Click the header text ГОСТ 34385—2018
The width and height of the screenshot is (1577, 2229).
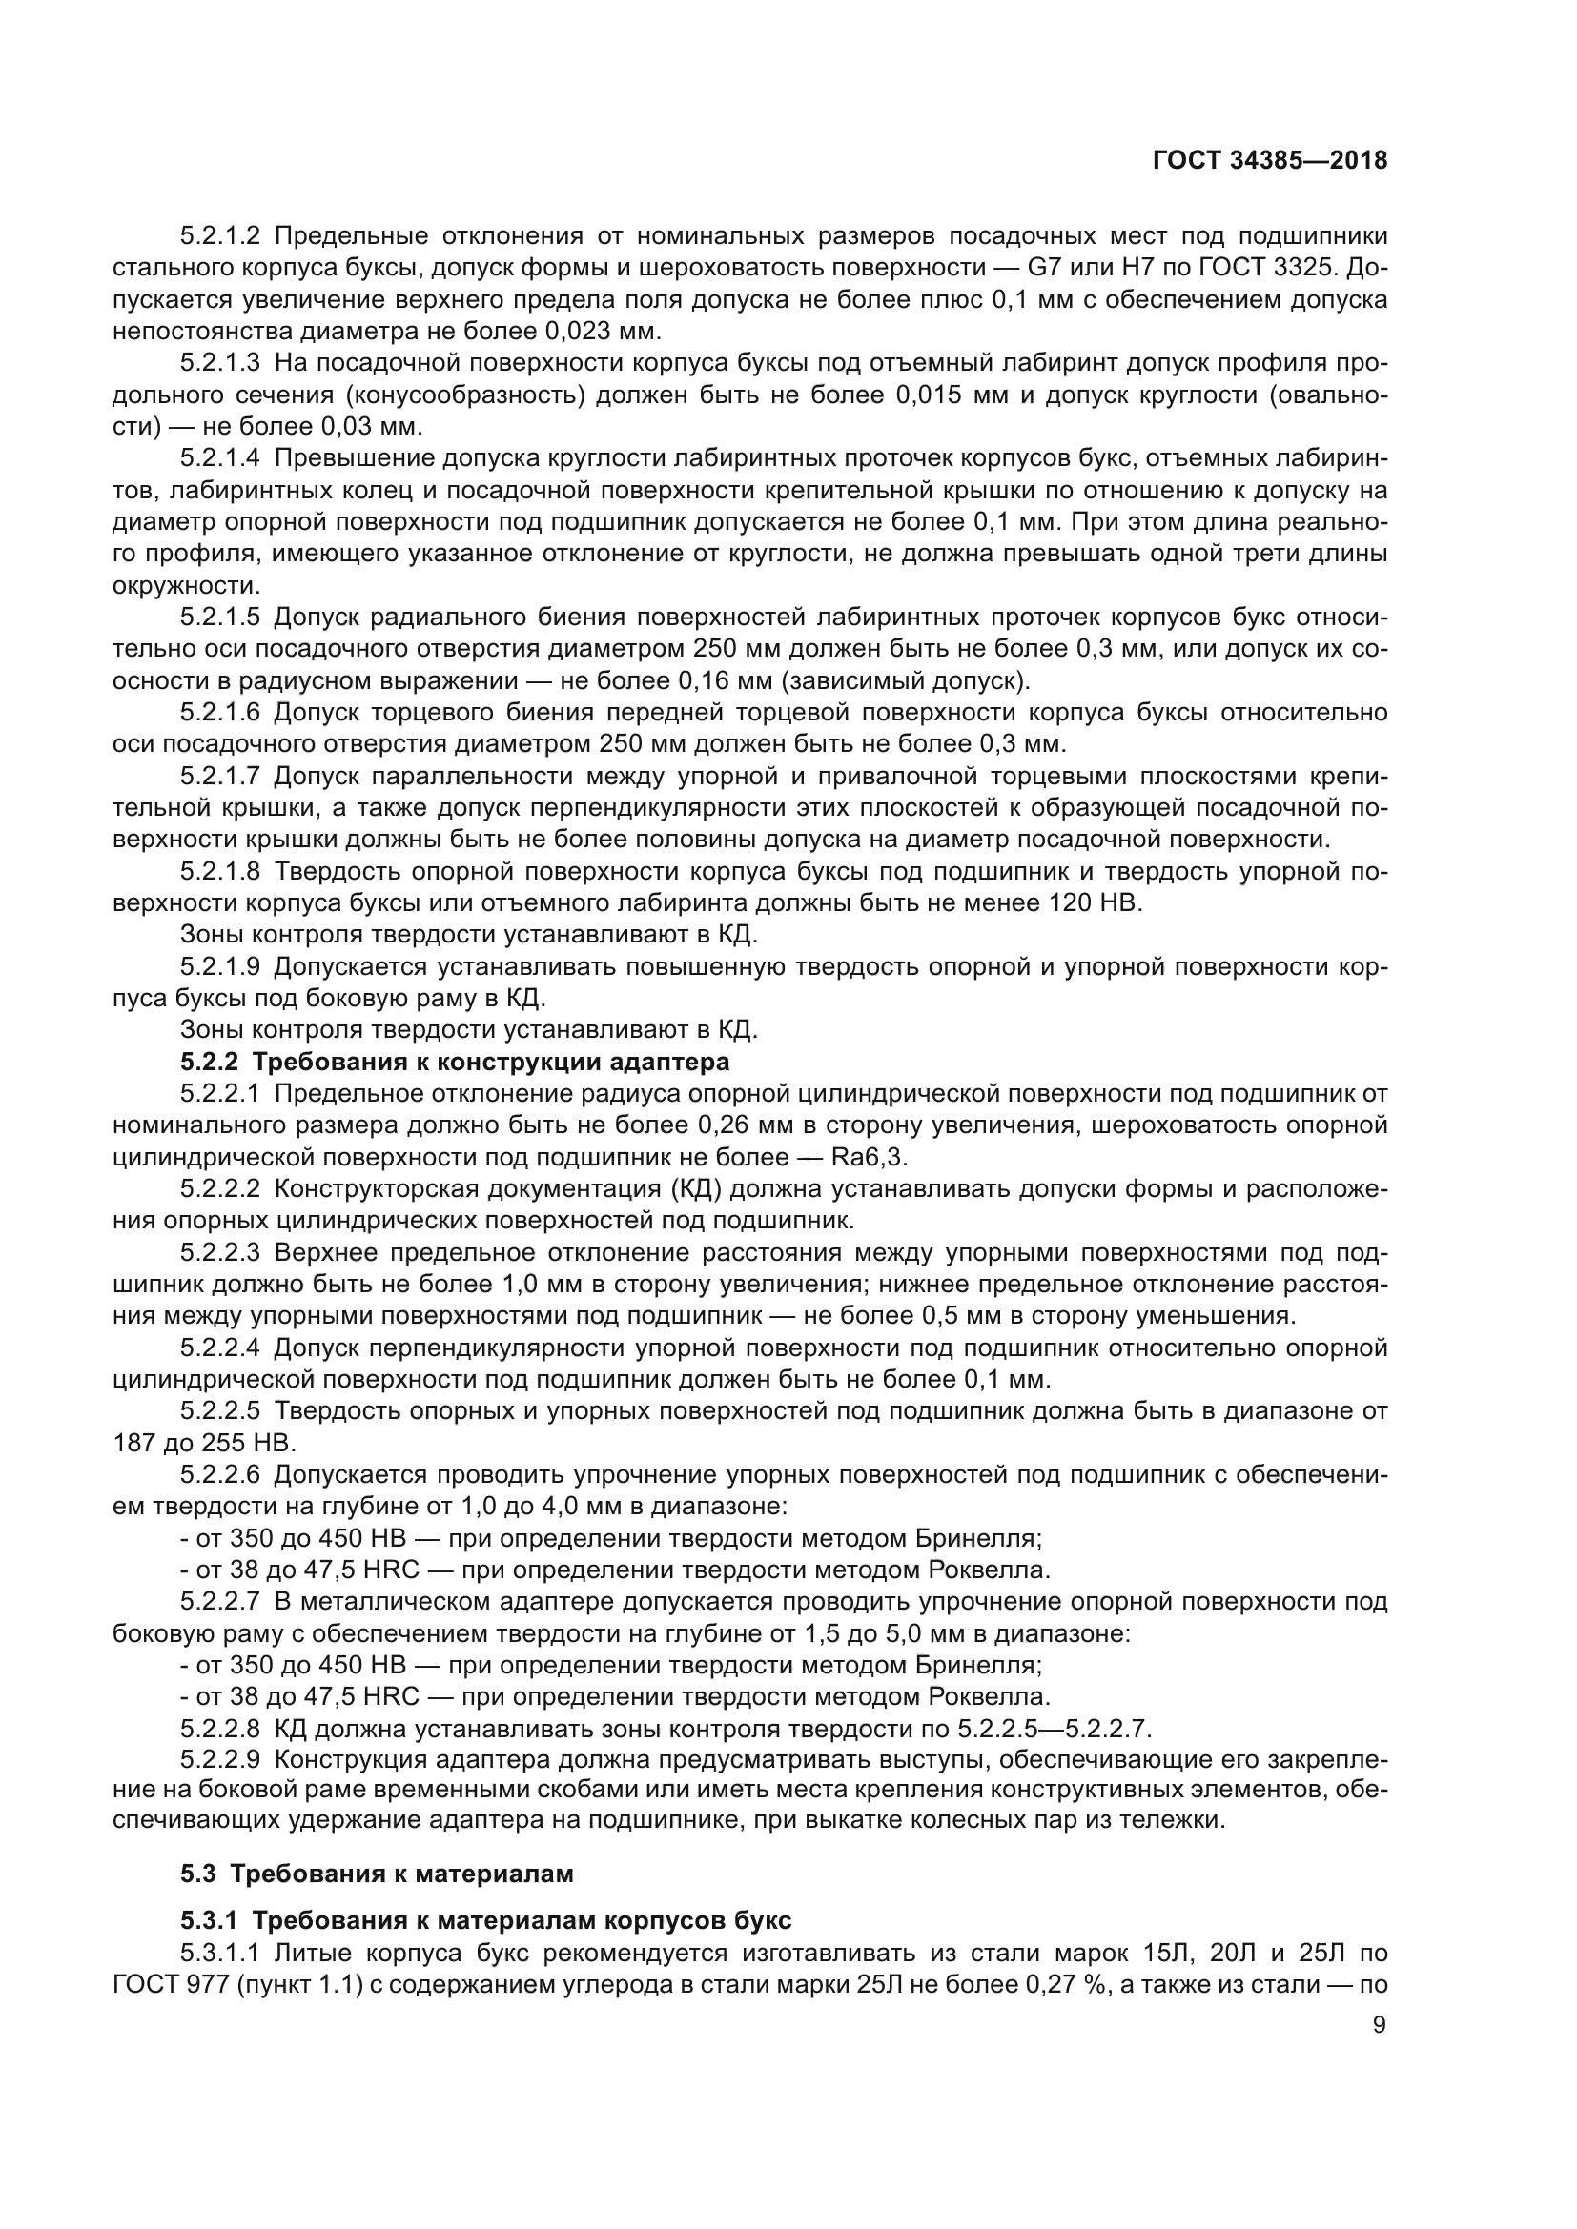click(x=1269, y=160)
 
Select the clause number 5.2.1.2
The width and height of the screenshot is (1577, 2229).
click(x=220, y=236)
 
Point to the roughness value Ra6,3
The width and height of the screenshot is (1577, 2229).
click(x=870, y=1157)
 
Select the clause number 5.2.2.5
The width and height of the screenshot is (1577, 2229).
click(x=220, y=1410)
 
